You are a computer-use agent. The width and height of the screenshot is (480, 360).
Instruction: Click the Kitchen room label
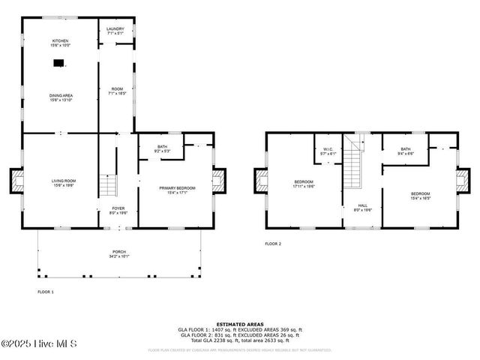pos(60,42)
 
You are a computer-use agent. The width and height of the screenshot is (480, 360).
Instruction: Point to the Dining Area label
pos(60,97)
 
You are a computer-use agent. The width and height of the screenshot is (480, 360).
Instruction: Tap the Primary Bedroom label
pos(176,190)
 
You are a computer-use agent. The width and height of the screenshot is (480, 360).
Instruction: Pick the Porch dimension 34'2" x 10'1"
pos(119,256)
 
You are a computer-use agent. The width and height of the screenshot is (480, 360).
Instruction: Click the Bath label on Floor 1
pos(163,148)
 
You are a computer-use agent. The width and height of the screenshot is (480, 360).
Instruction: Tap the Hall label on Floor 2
pos(362,208)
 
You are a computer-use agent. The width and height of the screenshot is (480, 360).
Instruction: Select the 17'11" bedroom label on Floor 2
pos(304,184)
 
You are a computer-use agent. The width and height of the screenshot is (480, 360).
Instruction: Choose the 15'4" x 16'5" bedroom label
pos(420,197)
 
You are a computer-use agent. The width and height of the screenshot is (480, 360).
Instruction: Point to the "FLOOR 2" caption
pos(273,244)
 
